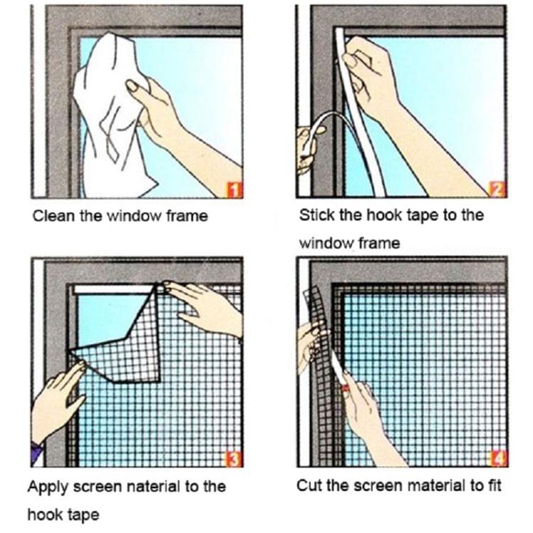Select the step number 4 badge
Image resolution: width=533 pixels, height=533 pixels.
[499, 460]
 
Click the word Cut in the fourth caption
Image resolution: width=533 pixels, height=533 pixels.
[308, 487]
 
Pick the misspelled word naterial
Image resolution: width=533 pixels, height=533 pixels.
[155, 487]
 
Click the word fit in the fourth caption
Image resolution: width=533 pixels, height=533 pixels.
[493, 487]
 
